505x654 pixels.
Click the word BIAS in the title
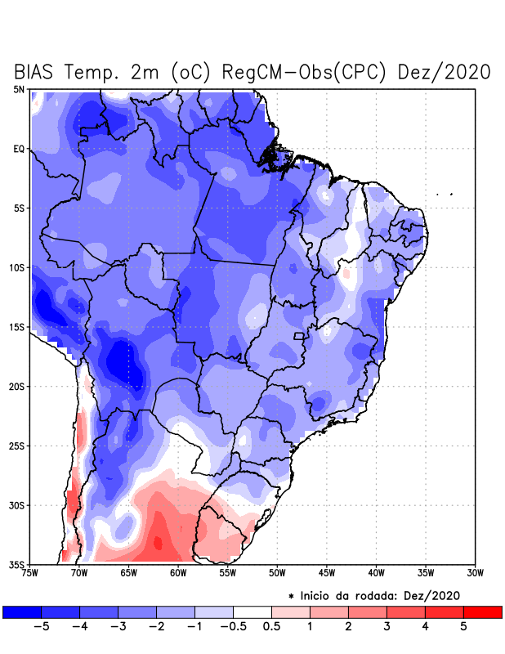point(41,72)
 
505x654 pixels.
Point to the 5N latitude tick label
point(18,89)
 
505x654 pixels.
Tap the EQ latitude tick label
point(19,149)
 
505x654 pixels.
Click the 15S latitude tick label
point(16,327)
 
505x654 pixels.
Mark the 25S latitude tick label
point(16,446)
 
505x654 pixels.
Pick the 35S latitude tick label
point(16,564)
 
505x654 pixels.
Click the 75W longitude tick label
point(29,573)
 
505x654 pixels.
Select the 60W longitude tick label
point(177,573)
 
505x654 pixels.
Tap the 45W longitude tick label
point(326,573)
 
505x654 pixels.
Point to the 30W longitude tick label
point(475,573)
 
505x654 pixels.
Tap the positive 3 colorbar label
point(387,627)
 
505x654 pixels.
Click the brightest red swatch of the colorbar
point(482,611)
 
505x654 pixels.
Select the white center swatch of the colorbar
point(252,611)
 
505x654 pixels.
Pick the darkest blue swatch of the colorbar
point(22,611)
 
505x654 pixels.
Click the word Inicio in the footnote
point(320,595)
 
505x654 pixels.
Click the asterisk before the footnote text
point(291,596)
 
